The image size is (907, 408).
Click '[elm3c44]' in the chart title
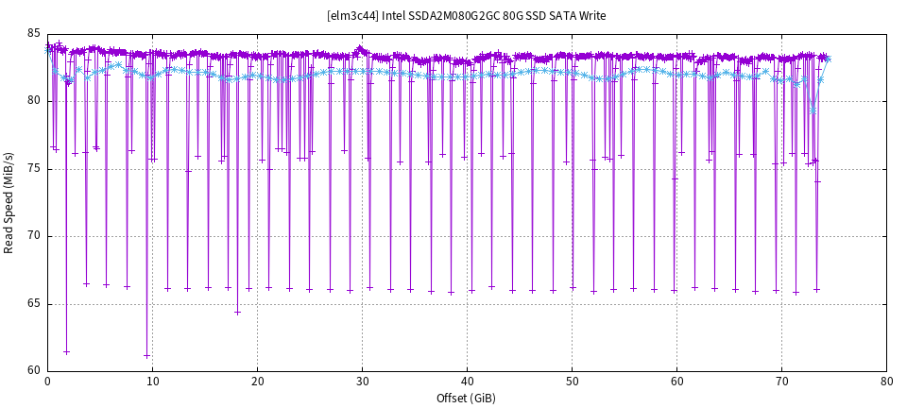pyautogui.click(x=352, y=16)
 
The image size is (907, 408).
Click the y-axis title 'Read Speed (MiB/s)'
pyautogui.click(x=9, y=202)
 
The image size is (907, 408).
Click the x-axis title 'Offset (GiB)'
pyautogui.click(x=466, y=398)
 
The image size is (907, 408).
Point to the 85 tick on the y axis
pyautogui.click(x=34, y=34)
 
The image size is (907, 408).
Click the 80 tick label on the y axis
pyautogui.click(x=34, y=101)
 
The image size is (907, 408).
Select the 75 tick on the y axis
pyautogui.click(x=34, y=169)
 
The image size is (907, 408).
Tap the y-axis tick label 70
pyautogui.click(x=34, y=236)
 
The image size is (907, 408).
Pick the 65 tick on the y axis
pyautogui.click(x=34, y=303)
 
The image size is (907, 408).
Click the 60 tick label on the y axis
pyautogui.click(x=34, y=370)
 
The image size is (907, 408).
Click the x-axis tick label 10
pyautogui.click(x=152, y=381)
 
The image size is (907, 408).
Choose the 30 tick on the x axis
pyautogui.click(x=362, y=381)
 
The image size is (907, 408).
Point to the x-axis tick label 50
pyautogui.click(x=572, y=381)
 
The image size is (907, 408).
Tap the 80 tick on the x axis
pyautogui.click(x=886, y=381)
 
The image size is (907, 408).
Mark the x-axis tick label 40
pyautogui.click(x=467, y=381)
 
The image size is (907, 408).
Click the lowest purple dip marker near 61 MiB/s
pyautogui.click(x=147, y=355)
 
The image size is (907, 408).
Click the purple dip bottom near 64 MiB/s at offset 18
pyautogui.click(x=237, y=312)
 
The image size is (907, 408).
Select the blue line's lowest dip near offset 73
pyautogui.click(x=812, y=111)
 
